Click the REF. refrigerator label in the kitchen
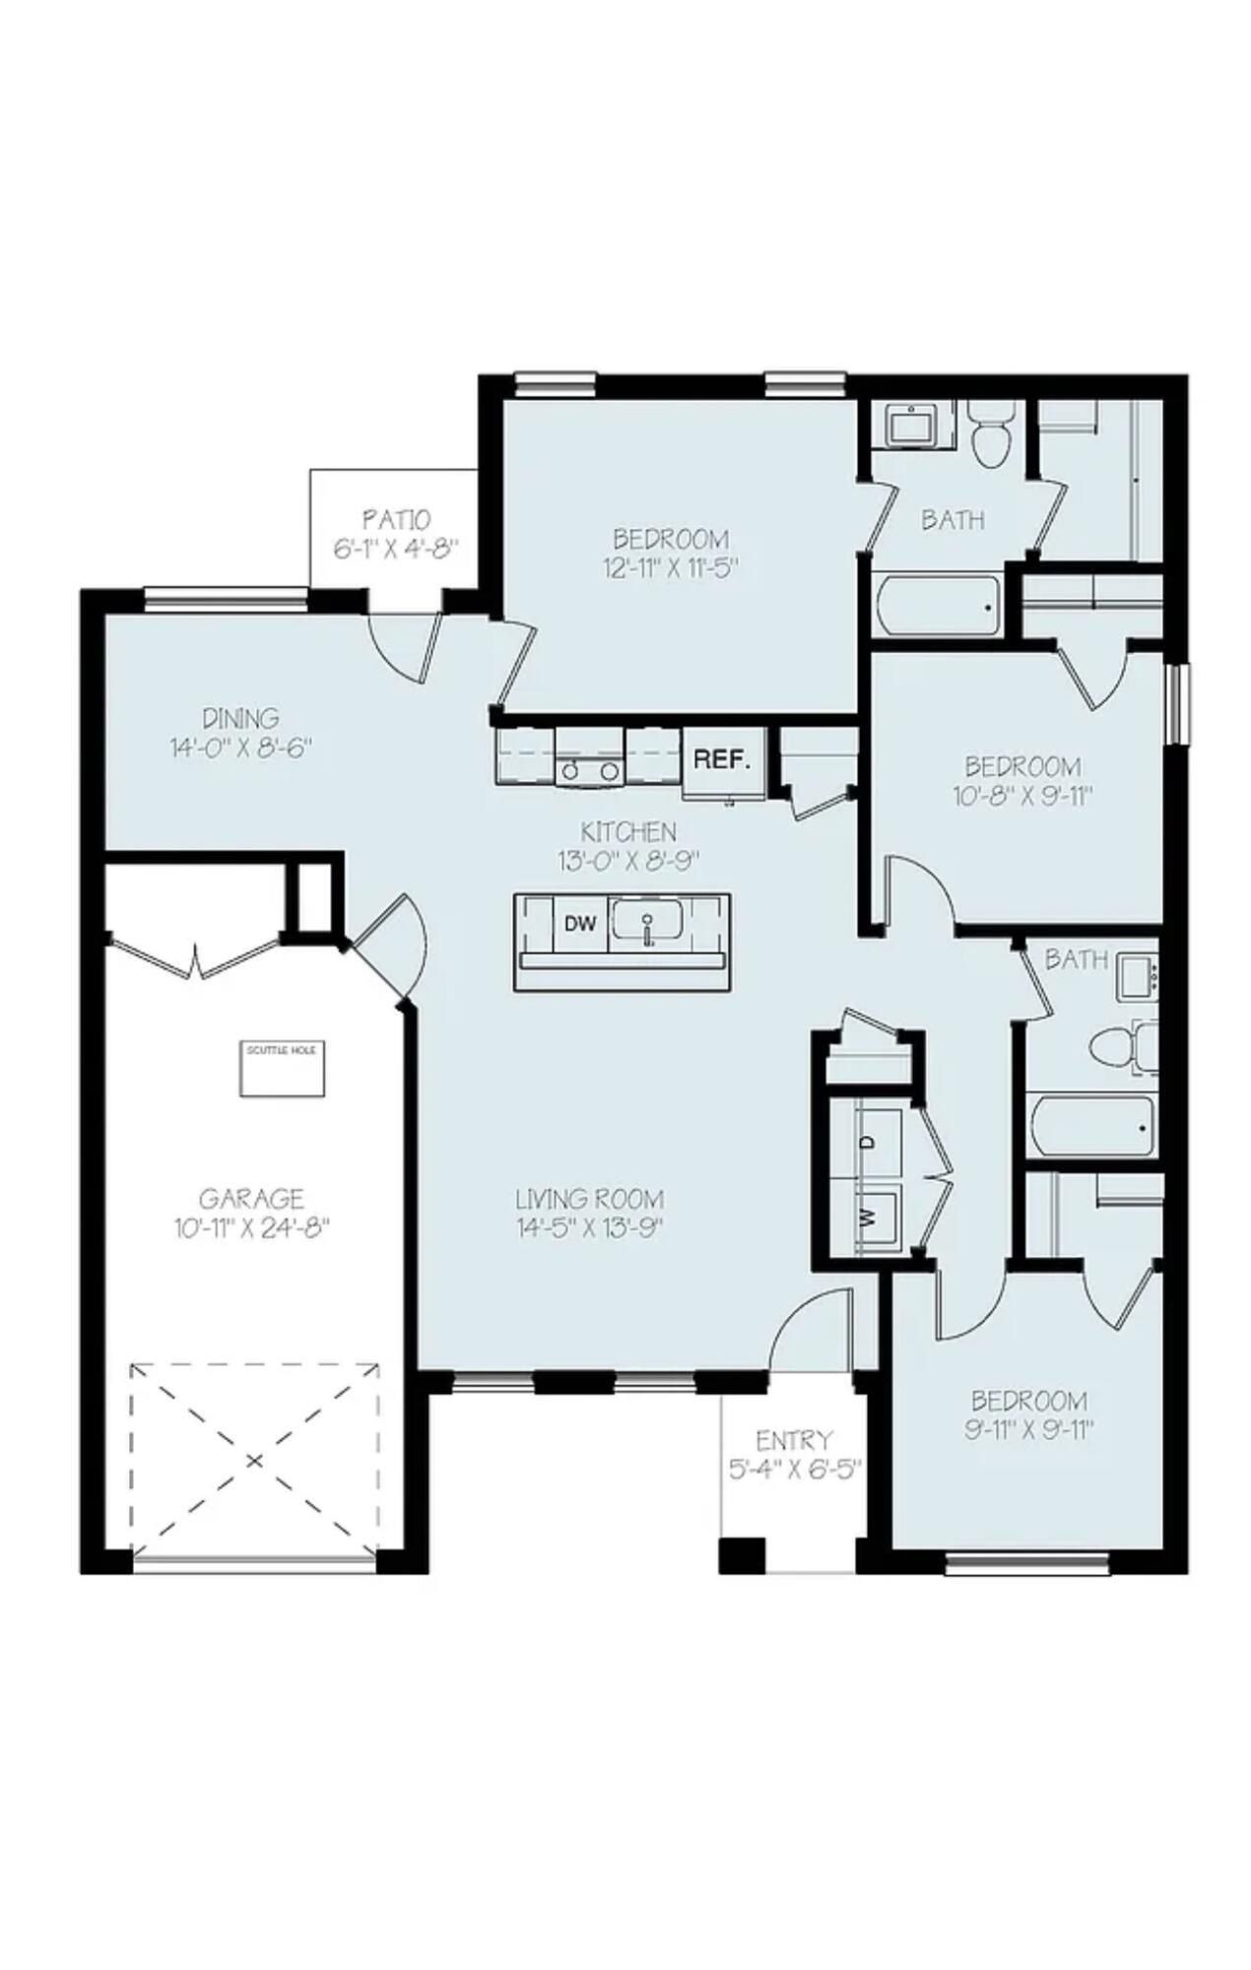[722, 759]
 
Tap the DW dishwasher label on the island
[581, 924]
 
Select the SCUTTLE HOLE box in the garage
[282, 1067]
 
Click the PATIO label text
[396, 518]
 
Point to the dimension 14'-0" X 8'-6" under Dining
[240, 748]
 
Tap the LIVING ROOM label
[590, 1199]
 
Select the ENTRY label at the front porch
[794, 1441]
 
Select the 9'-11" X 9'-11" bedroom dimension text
[1029, 1430]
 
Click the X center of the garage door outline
[254, 1460]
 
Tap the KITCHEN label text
[627, 831]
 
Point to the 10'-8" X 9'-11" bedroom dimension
[1023, 796]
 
